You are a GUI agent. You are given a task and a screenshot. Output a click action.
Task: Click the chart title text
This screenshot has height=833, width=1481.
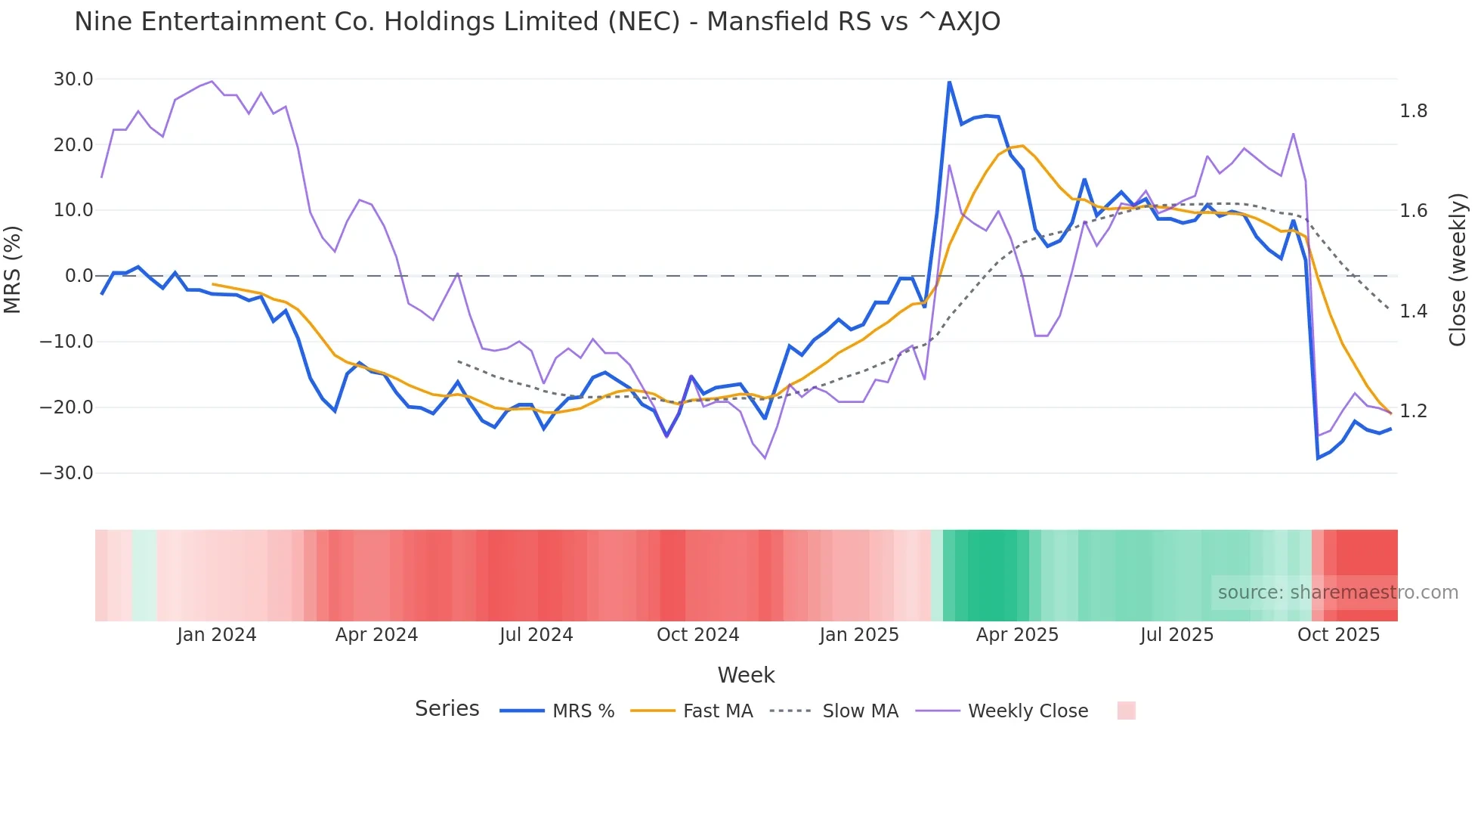point(537,22)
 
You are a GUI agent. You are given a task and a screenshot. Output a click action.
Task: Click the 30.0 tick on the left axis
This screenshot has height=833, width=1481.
point(73,79)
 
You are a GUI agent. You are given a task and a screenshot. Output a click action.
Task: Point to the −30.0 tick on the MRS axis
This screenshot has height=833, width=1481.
point(66,473)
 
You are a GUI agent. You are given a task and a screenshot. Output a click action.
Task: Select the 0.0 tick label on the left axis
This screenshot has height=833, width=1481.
point(79,276)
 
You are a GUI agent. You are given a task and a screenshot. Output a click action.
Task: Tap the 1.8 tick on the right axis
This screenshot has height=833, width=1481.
point(1414,111)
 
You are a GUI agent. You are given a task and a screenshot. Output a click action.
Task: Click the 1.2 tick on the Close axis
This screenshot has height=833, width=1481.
point(1414,411)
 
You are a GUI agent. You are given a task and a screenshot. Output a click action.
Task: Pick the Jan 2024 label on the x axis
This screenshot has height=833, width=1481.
point(217,635)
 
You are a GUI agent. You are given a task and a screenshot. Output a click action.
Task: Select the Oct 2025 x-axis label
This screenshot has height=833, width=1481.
point(1338,635)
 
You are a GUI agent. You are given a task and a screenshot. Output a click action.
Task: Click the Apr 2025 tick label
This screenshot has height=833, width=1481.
point(1017,635)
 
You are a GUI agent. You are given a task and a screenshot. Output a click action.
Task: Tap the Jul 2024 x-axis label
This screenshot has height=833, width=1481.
point(536,635)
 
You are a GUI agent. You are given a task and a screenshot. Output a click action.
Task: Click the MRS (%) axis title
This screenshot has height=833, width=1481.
point(13,270)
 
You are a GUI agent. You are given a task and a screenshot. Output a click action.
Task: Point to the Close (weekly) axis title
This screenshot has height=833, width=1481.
point(1458,270)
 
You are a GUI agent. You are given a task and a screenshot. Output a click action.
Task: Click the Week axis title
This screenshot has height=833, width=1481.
point(746,675)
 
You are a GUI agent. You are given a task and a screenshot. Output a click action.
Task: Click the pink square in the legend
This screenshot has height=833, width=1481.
point(1126,711)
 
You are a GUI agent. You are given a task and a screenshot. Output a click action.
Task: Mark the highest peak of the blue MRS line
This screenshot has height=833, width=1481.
point(949,82)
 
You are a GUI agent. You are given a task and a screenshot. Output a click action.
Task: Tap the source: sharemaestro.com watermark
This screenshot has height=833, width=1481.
point(1337,593)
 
